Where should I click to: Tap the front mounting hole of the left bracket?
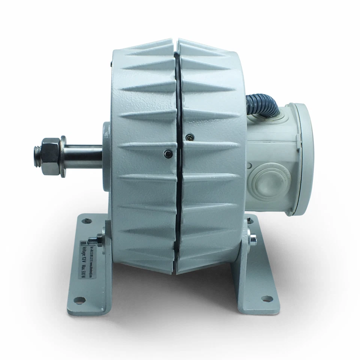[x=80, y=300]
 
